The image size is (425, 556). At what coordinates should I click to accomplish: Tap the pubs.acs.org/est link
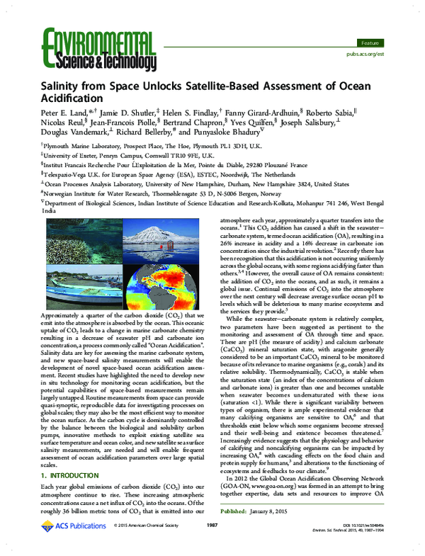pos(365,53)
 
